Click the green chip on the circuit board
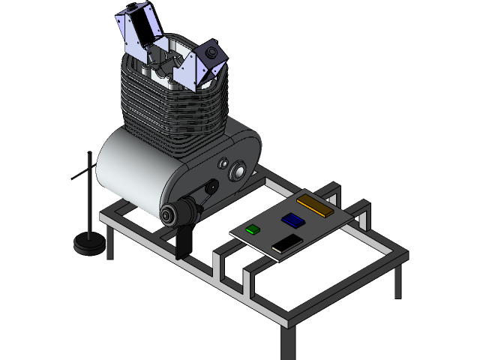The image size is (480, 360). point(253,229)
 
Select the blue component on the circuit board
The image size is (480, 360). point(292,220)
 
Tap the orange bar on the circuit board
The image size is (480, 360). point(315,205)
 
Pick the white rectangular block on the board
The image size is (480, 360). point(286,244)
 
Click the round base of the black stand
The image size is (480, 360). point(89,244)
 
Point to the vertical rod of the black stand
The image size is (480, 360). point(91,195)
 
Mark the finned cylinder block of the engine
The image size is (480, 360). point(172,105)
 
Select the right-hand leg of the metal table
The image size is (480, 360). point(397,281)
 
